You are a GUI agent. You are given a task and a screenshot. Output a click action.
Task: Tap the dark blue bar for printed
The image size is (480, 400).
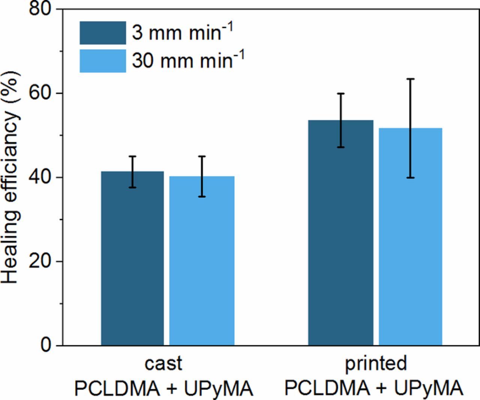point(340,233)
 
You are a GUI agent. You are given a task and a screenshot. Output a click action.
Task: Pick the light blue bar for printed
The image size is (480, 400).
point(411,236)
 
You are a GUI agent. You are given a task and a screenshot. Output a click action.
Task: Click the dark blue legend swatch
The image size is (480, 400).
point(102,33)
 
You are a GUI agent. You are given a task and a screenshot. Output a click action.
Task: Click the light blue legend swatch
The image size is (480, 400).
point(102,61)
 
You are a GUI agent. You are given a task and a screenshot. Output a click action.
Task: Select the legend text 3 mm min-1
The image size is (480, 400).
point(182,32)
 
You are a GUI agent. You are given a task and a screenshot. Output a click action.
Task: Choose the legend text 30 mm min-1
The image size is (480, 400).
point(188,60)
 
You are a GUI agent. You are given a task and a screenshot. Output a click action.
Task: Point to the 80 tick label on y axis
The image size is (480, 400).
point(40,9)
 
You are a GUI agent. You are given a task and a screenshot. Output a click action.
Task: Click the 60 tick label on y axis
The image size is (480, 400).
point(40,93)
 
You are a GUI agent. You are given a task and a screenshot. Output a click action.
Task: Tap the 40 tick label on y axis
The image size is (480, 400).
point(40,177)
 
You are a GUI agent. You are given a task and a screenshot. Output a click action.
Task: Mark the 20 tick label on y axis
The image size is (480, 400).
point(40,261)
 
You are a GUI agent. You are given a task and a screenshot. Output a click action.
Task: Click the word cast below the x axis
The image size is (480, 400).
point(163,363)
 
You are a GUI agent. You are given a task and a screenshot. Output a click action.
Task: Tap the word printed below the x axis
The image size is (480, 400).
point(376,363)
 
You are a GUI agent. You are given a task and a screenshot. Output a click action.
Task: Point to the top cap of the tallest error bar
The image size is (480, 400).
point(411,79)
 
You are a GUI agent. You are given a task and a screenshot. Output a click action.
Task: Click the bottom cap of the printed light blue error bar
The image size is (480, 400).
point(411,177)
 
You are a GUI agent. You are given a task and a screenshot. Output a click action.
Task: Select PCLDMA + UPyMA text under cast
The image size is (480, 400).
point(163,389)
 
